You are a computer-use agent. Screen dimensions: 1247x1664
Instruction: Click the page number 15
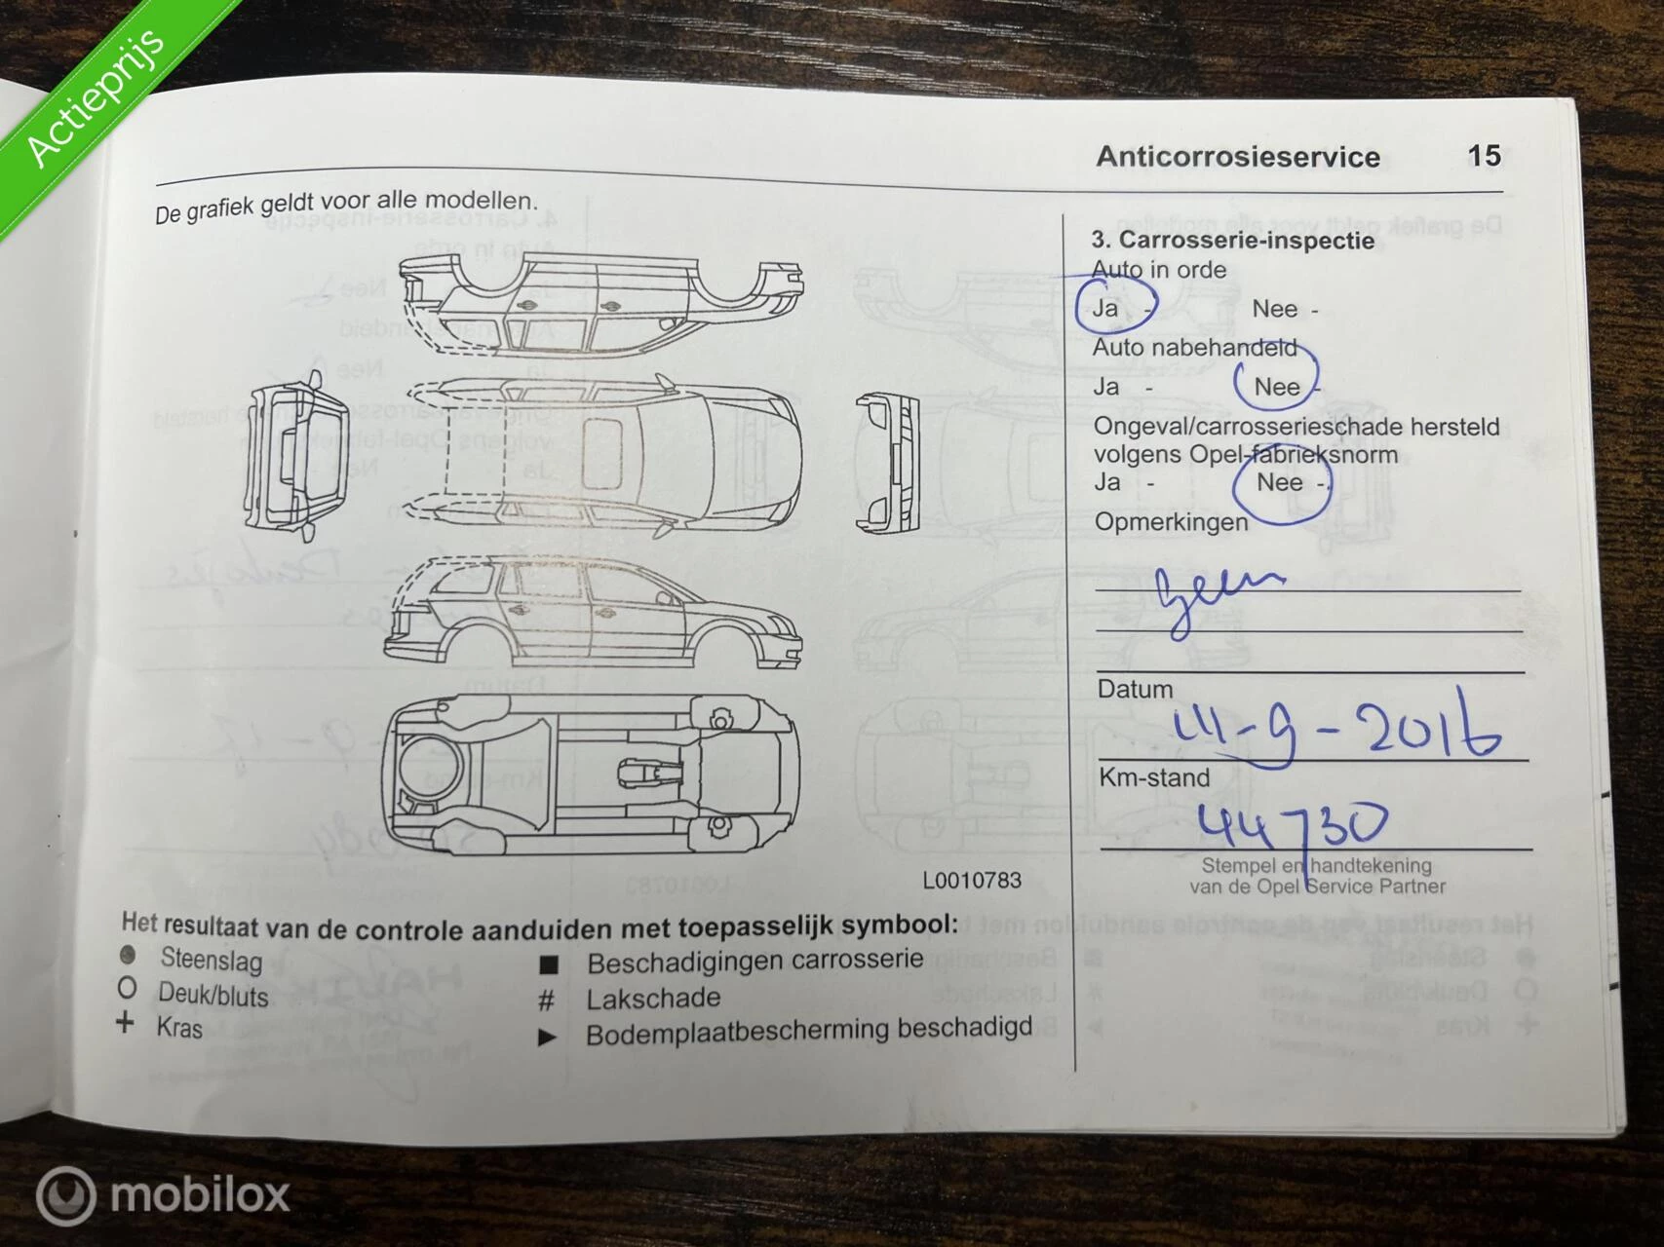1484,156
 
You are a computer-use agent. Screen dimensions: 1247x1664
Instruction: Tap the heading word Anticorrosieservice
1237,157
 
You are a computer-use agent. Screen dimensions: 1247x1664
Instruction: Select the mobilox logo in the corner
163,1194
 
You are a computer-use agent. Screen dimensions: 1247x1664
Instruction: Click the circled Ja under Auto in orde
1107,308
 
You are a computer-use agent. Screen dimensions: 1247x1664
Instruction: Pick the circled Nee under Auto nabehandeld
1276,387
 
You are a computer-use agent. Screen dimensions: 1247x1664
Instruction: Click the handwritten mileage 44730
1292,825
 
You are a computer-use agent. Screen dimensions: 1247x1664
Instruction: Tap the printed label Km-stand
1154,777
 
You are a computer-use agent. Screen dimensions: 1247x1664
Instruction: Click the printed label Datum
1135,689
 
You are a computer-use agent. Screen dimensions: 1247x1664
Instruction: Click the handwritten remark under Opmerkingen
1214,594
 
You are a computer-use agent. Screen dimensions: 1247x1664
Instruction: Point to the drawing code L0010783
972,881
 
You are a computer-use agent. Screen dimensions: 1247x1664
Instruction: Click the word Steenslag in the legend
212,960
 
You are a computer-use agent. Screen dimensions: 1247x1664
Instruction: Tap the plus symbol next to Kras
125,1024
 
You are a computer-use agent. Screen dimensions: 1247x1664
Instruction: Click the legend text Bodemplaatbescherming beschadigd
808,1031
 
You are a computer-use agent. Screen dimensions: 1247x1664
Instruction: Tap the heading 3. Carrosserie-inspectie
1232,241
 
